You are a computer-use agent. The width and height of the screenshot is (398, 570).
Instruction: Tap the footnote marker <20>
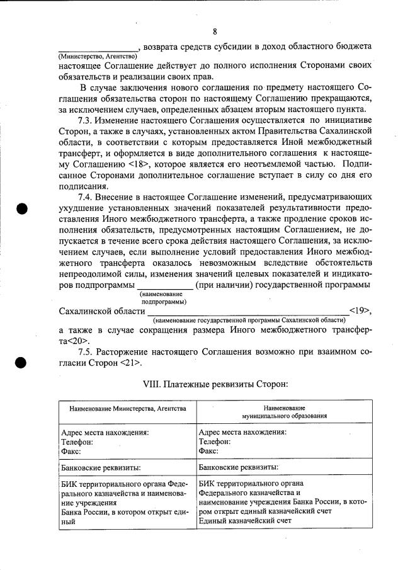[70, 341]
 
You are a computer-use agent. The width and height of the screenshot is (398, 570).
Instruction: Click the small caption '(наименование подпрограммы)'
[157, 298]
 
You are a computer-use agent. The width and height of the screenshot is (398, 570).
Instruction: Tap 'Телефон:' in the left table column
[77, 442]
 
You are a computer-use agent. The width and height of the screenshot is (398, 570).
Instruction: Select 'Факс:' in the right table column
[208, 452]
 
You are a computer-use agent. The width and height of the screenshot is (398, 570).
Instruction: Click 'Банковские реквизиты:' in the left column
[100, 469]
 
